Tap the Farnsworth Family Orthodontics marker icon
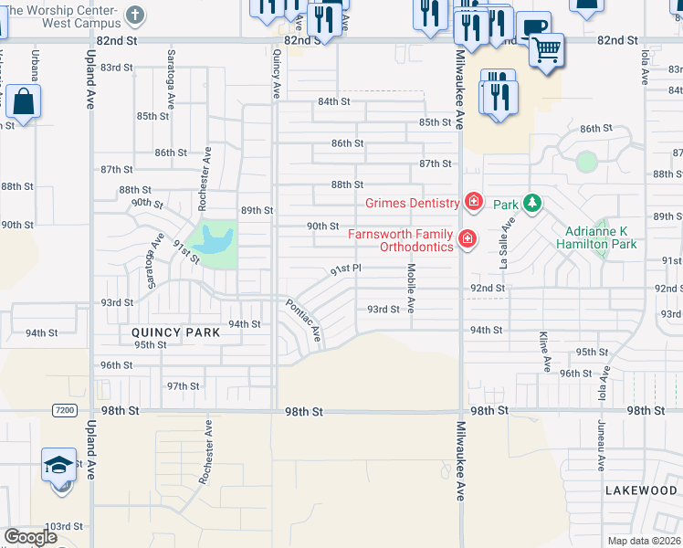pos(468,239)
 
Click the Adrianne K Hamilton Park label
pos(598,238)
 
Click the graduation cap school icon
pos(58,466)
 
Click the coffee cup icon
pos(532,26)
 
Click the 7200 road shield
pos(64,411)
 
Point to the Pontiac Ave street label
pos(304,321)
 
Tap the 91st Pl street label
pos(346,269)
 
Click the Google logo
pos(30,537)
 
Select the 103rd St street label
pos(65,527)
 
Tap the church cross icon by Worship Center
pos(134,16)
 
